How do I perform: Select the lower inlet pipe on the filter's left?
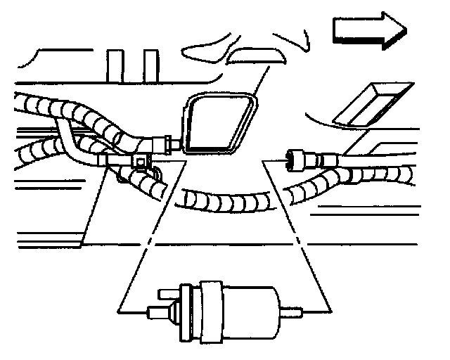(x=160, y=312)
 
